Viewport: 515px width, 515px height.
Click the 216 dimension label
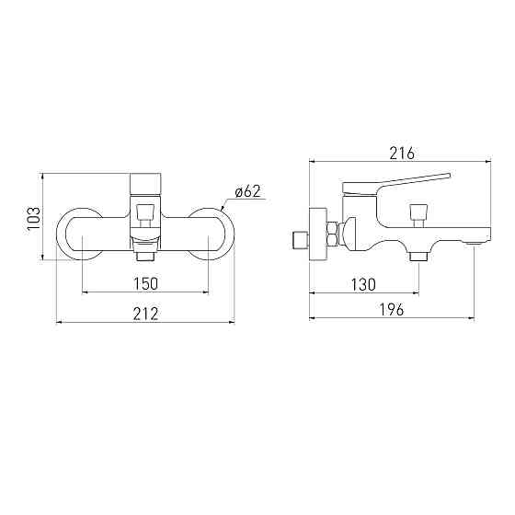(402, 153)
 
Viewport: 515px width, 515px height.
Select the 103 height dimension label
(34, 219)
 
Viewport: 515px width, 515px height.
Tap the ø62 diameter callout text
(248, 191)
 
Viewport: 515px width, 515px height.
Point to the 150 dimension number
(146, 284)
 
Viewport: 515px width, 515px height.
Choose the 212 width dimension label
(146, 314)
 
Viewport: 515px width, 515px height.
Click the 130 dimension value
(363, 284)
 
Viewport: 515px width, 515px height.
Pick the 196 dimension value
(392, 309)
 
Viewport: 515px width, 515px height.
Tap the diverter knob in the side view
(418, 215)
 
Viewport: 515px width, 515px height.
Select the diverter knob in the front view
(145, 215)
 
